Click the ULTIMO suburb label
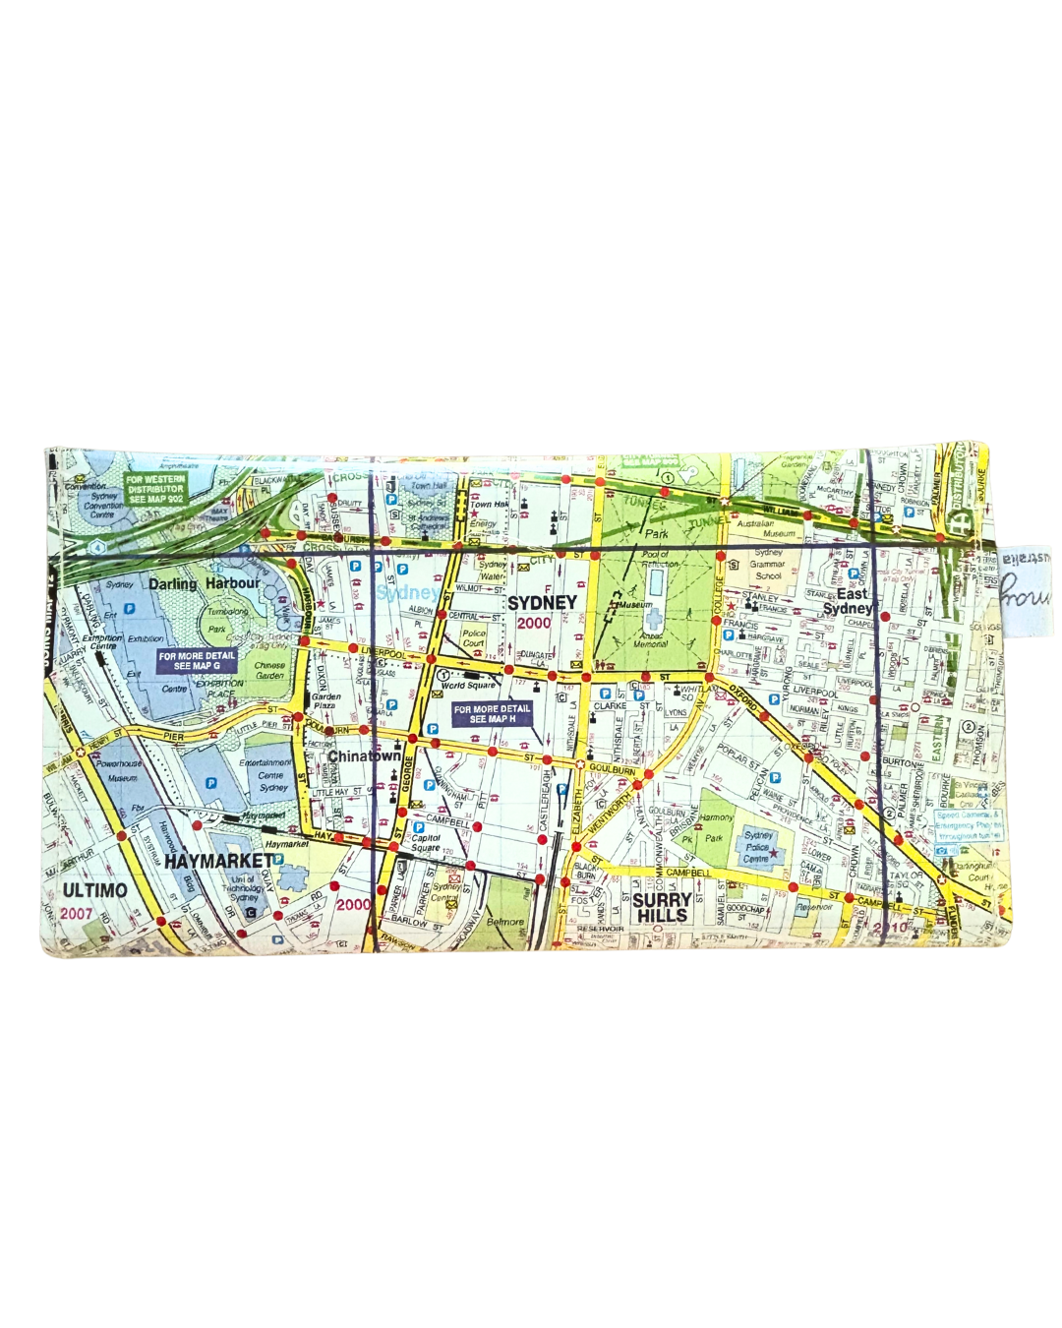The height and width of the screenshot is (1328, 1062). click(94, 890)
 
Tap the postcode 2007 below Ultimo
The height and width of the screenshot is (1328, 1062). click(77, 913)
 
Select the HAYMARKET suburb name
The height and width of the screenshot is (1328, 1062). click(217, 862)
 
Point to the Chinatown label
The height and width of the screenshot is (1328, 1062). click(364, 755)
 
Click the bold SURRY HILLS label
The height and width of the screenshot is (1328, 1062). click(662, 908)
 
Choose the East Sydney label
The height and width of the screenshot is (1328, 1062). click(848, 601)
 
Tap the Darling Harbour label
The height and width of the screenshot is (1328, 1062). click(204, 583)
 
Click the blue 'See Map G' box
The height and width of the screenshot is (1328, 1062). click(197, 660)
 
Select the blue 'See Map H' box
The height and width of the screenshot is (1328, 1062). click(492, 713)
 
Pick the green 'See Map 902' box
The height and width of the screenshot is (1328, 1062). click(155, 489)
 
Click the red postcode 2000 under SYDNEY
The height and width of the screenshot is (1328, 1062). click(534, 623)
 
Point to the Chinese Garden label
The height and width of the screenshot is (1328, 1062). click(269, 671)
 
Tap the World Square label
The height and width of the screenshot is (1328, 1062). click(469, 686)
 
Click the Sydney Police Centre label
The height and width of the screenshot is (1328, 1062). click(758, 847)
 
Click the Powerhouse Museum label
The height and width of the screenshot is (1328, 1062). click(121, 770)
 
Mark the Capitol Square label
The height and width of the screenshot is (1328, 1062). click(426, 843)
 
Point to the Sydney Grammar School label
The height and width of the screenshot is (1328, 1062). click(768, 565)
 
